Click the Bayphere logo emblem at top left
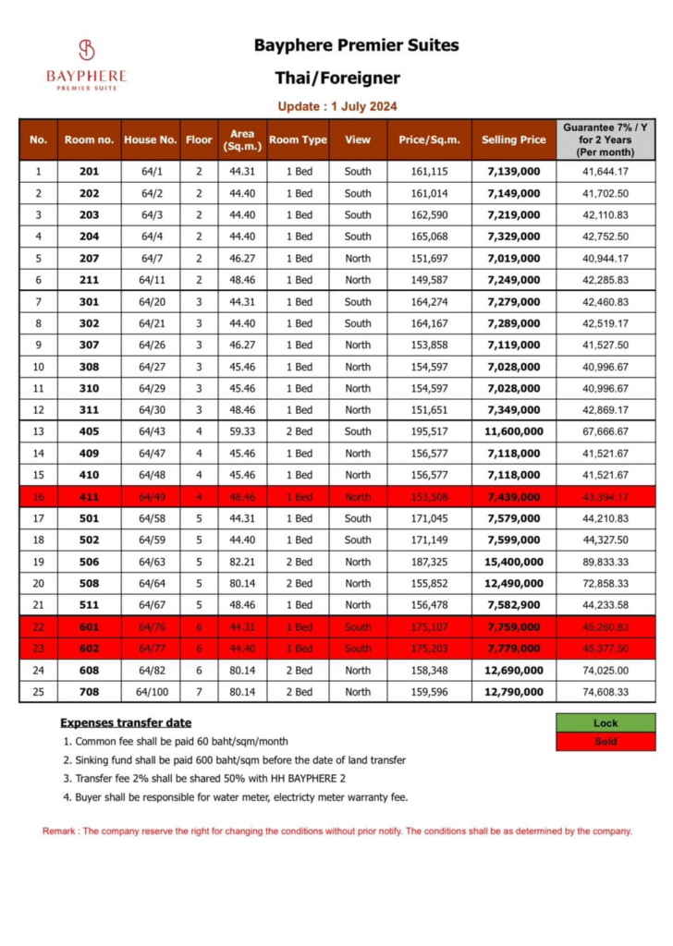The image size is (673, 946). pos(86,50)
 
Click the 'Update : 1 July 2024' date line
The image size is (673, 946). pos(337,106)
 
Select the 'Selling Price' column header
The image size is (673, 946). pos(513,139)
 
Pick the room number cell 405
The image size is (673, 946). pos(88,431)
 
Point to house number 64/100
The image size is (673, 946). pos(152,691)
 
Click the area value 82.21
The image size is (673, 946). pos(237,562)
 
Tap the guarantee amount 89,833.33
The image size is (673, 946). pos(606,562)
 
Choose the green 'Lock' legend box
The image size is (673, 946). pos(606,723)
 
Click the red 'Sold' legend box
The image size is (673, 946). pos(606,741)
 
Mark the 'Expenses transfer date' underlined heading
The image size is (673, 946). pos(126,722)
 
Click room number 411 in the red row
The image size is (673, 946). pos(88,497)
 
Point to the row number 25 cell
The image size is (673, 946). pos(38,691)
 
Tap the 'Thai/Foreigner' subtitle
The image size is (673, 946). pos(337,78)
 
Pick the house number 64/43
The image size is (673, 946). pos(152,431)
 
